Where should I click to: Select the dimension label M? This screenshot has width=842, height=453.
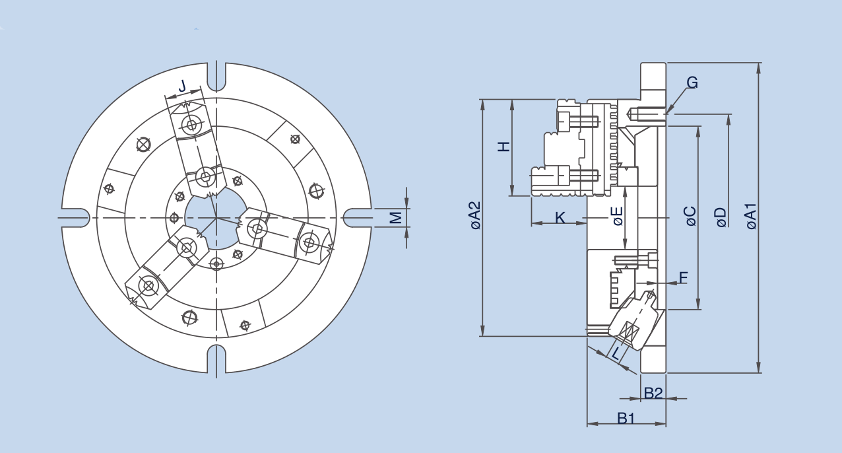point(395,217)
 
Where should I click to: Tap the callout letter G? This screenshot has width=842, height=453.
point(692,83)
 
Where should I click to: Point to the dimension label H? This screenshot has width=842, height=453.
point(504,147)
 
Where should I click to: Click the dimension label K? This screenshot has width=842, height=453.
point(560,217)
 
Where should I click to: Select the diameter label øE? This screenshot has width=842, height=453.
point(618,216)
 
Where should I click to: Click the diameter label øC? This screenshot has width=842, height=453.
point(690,216)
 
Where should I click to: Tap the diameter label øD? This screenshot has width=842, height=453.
point(721,217)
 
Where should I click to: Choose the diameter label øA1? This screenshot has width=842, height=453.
point(751,217)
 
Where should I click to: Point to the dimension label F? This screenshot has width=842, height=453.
point(683,277)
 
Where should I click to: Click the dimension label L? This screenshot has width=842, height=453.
point(616,353)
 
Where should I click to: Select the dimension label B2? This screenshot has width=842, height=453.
point(653,394)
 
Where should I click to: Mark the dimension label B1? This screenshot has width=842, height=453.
point(626,418)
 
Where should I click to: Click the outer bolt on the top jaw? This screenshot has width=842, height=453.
point(192,125)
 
